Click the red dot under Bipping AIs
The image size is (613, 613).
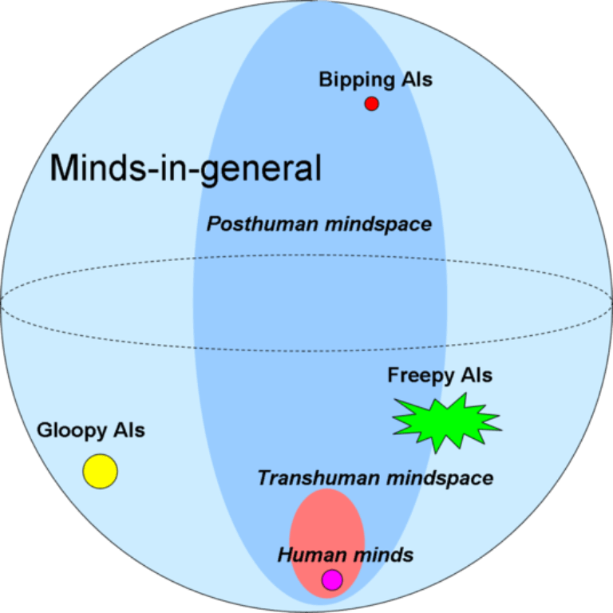(x=371, y=103)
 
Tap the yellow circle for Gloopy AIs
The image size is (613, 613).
(x=101, y=471)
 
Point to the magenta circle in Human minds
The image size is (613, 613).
(x=332, y=580)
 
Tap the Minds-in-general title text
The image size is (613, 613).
(x=185, y=168)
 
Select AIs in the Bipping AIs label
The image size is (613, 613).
(x=416, y=80)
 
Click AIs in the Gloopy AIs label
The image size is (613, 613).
(x=129, y=431)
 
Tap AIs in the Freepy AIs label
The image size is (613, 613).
(x=477, y=375)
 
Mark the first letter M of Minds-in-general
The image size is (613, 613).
(x=64, y=168)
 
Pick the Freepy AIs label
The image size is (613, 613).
(x=440, y=375)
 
